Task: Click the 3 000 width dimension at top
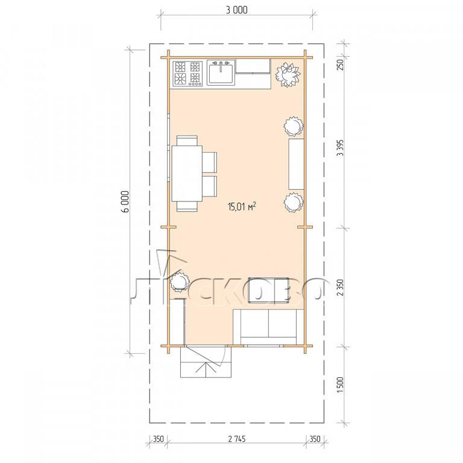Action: [236, 10]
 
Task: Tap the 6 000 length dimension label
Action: [126, 202]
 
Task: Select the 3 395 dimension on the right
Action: [341, 148]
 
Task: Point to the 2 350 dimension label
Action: [341, 288]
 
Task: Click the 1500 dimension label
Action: [341, 385]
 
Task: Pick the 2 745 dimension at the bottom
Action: [237, 439]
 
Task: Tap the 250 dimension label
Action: [341, 65]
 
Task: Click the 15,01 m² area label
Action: [242, 206]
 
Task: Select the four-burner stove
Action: [187, 74]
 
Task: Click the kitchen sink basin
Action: [221, 72]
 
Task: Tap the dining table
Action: [187, 174]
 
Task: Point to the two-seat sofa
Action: [268, 327]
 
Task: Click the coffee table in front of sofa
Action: [268, 290]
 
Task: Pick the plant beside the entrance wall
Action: [179, 282]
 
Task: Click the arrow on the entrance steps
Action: [206, 369]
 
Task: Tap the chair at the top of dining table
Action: [187, 140]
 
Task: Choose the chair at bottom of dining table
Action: [187, 206]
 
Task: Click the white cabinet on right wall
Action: [296, 164]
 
